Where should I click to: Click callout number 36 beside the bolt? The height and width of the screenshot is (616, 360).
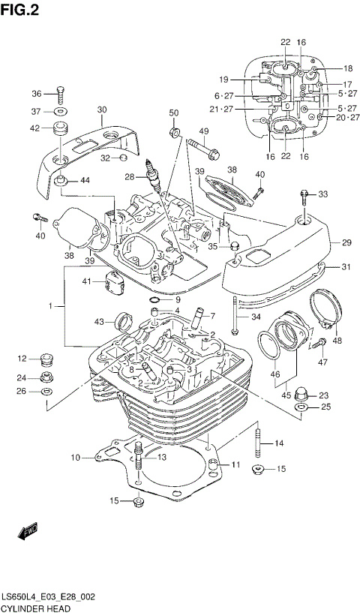[37, 94]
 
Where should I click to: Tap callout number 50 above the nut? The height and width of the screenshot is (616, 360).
[174, 113]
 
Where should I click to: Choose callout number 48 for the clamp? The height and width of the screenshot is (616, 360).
[337, 341]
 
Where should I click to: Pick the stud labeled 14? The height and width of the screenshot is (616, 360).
[259, 442]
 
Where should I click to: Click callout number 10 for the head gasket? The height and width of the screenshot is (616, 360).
[75, 457]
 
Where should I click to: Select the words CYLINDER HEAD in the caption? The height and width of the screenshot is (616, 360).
[29, 607]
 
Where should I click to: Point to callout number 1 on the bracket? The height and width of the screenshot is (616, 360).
[51, 306]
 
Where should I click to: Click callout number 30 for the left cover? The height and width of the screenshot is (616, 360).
[101, 109]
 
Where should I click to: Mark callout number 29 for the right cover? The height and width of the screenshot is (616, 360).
[346, 242]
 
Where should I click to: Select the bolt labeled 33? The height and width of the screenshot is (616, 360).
[304, 196]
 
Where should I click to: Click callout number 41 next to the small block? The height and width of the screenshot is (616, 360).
[86, 281]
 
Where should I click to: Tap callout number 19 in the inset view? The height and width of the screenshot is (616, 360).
[223, 79]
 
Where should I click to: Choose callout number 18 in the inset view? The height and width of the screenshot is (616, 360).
[347, 68]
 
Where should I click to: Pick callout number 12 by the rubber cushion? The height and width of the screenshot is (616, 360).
[22, 358]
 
